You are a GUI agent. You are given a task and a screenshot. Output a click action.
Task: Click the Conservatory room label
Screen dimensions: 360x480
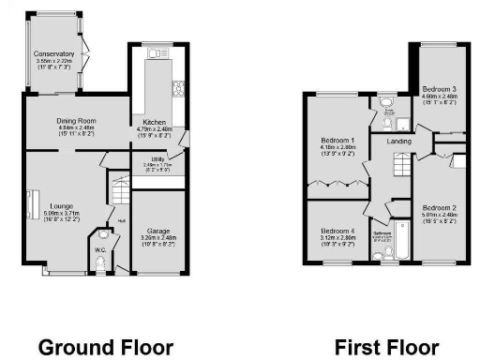pos(53,54)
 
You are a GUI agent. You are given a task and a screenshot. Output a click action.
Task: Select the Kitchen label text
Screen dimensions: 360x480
pos(155,122)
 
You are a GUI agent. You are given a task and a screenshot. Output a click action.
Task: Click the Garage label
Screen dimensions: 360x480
pos(157,230)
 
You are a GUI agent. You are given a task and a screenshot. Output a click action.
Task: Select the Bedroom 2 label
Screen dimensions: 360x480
pos(439,207)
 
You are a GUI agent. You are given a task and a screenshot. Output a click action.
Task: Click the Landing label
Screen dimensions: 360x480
pos(386,142)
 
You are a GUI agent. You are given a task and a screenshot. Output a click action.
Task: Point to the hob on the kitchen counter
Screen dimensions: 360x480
pos(177,90)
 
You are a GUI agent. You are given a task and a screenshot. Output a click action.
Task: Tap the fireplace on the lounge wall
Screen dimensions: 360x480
pos(30,203)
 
